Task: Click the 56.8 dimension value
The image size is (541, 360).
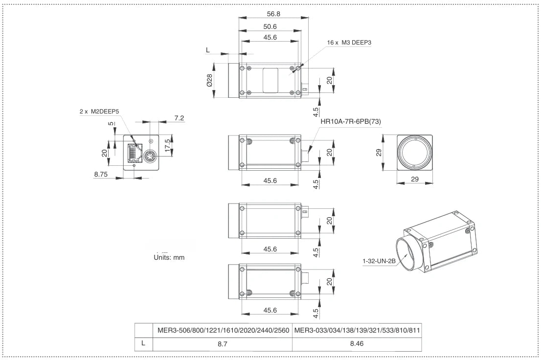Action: (273, 14)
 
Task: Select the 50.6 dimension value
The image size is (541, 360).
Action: (270, 26)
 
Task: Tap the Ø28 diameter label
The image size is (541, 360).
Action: (209, 80)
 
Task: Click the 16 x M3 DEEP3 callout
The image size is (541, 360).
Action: (349, 43)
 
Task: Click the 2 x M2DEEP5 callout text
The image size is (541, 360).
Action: (99, 112)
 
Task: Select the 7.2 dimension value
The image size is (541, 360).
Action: (179, 118)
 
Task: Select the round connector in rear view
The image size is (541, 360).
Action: (150, 156)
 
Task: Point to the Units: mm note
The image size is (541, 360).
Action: (169, 257)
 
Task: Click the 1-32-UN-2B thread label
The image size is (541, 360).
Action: (379, 261)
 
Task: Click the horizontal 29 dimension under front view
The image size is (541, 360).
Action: (414, 180)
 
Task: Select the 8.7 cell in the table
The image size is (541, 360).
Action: (222, 343)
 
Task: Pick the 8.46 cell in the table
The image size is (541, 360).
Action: (357, 343)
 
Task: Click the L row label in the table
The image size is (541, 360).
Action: (143, 343)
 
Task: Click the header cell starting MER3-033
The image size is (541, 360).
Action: (357, 330)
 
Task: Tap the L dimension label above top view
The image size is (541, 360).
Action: (208, 50)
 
